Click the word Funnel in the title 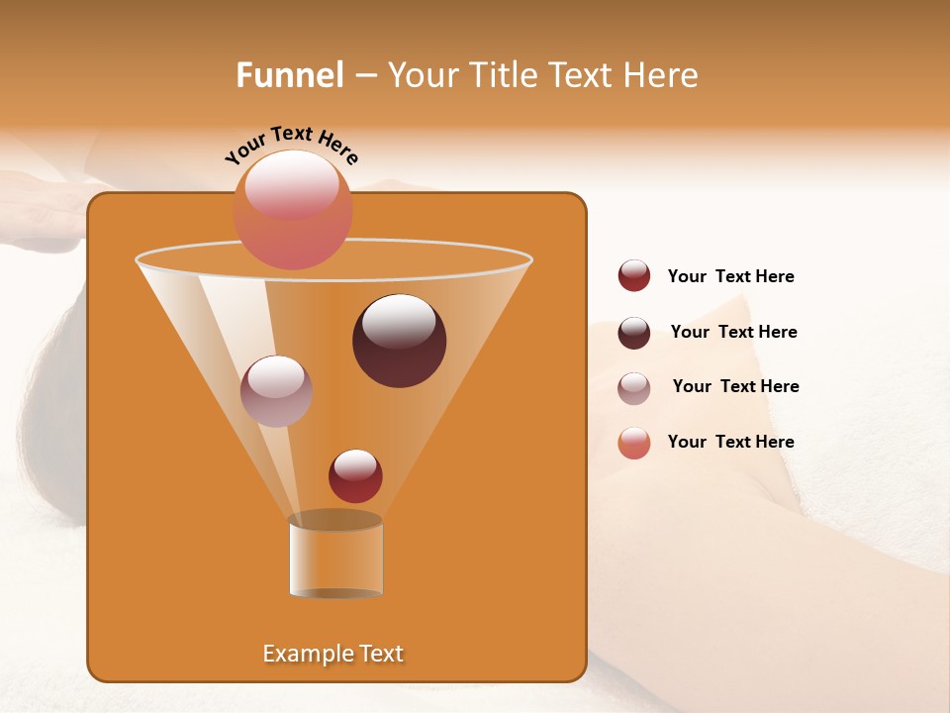[x=289, y=75]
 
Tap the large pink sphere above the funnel [x=293, y=209]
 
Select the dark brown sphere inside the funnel [x=400, y=341]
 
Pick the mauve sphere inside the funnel [x=276, y=391]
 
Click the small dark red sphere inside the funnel [x=355, y=476]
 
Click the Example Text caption [x=333, y=654]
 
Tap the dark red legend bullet [x=634, y=276]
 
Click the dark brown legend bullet [x=634, y=333]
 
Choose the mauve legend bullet [x=634, y=388]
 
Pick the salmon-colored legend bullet [x=634, y=443]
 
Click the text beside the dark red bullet [x=730, y=277]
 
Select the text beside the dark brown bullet [x=733, y=333]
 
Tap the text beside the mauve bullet [x=735, y=387]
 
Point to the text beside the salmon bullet [x=730, y=442]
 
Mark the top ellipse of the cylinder [x=335, y=520]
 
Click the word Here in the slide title [x=660, y=75]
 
